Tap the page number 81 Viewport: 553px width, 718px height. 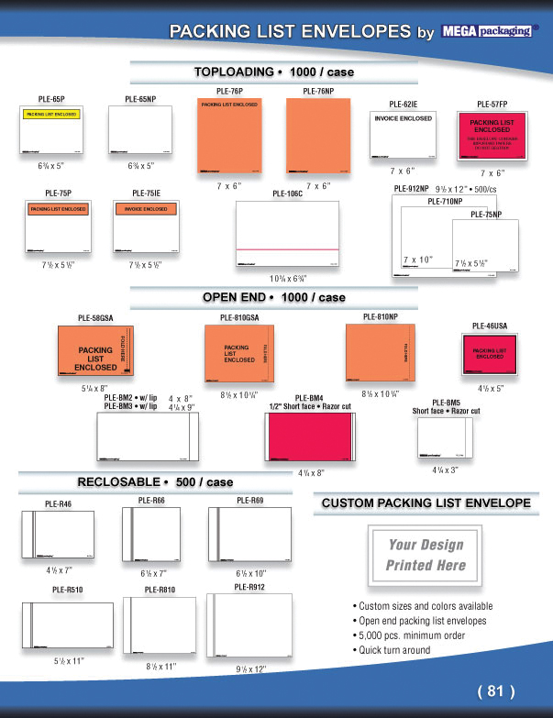point(496,690)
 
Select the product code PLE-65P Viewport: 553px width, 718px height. point(51,97)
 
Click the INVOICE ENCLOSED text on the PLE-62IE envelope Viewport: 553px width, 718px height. point(403,118)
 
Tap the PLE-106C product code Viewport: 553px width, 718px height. point(287,194)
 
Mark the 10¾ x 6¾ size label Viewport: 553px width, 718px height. point(288,277)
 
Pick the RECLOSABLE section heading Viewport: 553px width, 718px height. point(154,481)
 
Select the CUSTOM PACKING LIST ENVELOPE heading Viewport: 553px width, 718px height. point(426,503)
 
